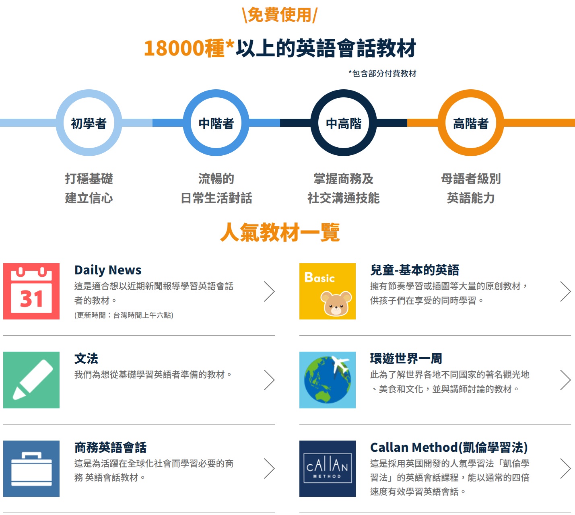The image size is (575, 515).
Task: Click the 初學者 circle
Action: coord(89,123)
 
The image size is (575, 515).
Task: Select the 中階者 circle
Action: coord(216,123)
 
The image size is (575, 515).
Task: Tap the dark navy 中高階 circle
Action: coord(343,123)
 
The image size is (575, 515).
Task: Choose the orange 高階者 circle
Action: coord(470,123)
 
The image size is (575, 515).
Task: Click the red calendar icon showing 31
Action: coord(31,291)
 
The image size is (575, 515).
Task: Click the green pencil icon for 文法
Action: coord(31,380)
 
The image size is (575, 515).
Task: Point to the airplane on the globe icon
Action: coord(340,365)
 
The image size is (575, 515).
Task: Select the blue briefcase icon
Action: coord(31,469)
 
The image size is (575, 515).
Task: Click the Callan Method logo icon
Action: coord(328,469)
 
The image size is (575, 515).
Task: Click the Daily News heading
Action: coord(108,270)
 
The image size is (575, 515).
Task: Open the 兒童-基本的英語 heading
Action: coord(414,270)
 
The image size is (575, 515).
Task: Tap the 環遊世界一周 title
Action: coord(406,358)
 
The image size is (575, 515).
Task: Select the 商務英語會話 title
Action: coord(110,447)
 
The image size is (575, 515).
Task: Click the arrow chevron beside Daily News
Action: coord(269,291)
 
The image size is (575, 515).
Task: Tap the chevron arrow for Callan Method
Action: coord(565,469)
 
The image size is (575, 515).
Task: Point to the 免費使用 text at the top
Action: coord(280,15)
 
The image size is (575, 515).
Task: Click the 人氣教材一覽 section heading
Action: coord(280,233)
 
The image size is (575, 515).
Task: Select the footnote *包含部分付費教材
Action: coord(382,74)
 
